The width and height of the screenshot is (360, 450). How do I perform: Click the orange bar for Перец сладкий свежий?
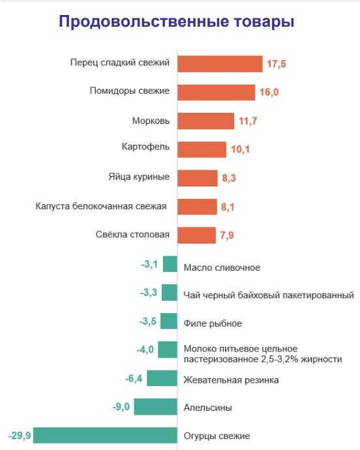pos(220,64)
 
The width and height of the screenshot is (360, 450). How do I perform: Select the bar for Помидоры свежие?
pos(216,92)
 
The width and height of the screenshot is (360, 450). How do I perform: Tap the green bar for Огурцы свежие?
pos(105,435)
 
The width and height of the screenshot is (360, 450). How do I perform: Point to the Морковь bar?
pos(205,121)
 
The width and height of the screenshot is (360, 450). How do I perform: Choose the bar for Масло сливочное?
pos(170,264)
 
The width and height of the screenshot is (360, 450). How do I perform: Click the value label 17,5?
pos(277,64)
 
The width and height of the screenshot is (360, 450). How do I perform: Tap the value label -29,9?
pos(19,435)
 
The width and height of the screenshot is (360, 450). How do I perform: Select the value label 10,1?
pos(241,149)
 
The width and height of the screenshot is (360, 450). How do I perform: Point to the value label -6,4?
pos(134,378)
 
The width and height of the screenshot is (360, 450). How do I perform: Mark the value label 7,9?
pos(227,235)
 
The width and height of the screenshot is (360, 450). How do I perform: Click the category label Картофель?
pos(145,147)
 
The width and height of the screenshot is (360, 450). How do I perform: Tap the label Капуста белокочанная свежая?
pos(100,206)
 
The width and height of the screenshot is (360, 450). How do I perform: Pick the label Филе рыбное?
pos(213,323)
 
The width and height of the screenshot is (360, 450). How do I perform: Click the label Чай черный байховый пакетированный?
pos(268,295)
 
